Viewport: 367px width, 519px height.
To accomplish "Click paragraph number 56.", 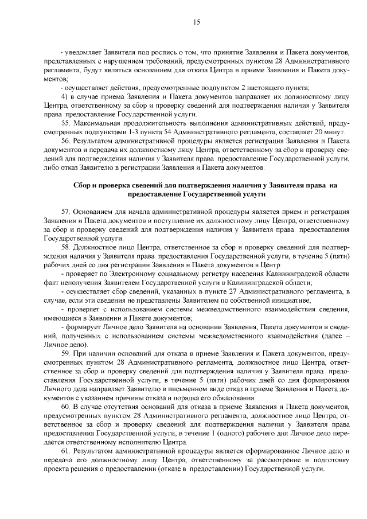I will pyautogui.click(x=65, y=141).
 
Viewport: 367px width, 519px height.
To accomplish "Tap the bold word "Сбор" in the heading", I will pyautogui.click(x=84, y=185).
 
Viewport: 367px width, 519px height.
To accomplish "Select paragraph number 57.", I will pyautogui.click(x=65, y=212).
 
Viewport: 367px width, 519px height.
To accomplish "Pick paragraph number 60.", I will pyautogui.click(x=65, y=407).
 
